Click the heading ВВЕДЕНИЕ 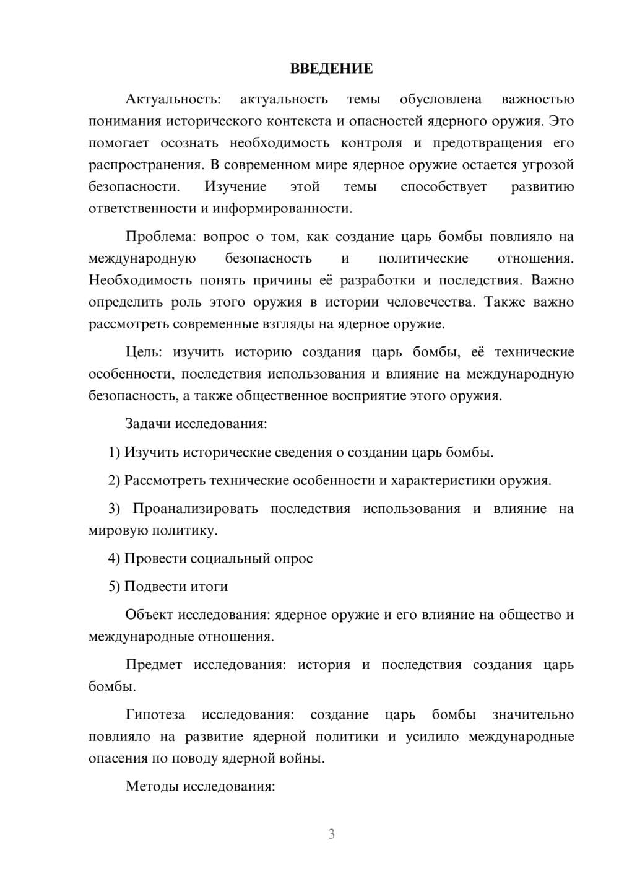coord(331,69)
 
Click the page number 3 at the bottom coord(331,834)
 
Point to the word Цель coord(144,352)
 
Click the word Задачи coord(148,424)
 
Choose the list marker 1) coord(115,452)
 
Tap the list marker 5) coord(115,586)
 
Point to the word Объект coord(149,615)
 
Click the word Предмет coord(154,665)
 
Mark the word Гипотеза coord(155,714)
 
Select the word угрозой coord(549,165)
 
